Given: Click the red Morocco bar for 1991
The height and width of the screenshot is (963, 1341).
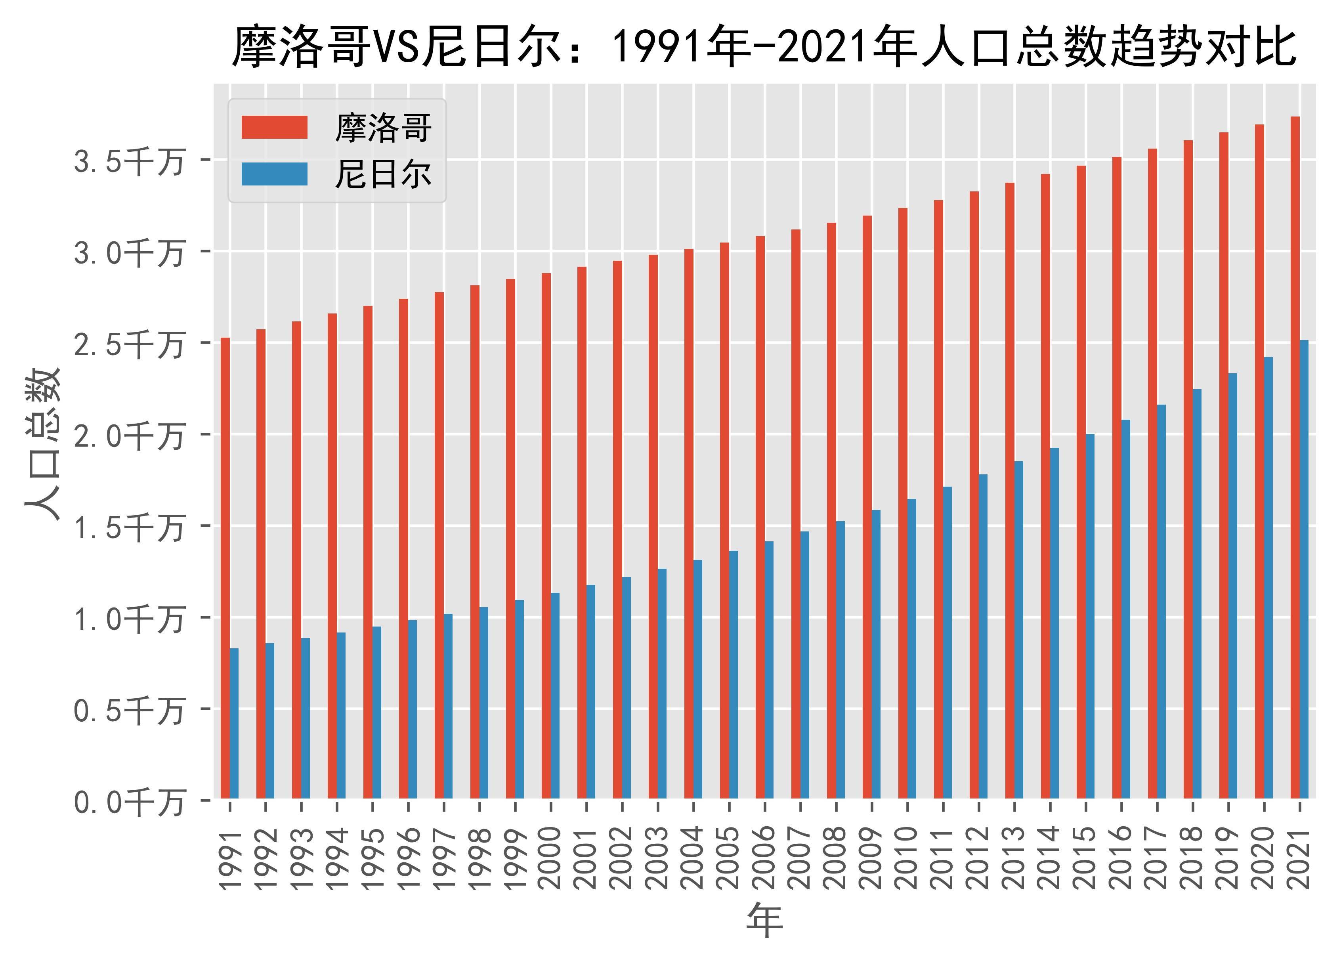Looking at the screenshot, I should (225, 567).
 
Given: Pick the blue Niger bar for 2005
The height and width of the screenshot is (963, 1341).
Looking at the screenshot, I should (733, 674).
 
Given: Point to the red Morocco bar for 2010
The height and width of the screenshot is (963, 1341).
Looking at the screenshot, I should (903, 503).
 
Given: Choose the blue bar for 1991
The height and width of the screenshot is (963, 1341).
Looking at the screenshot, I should (234, 723).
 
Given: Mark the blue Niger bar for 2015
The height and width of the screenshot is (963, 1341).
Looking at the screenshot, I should (1090, 615).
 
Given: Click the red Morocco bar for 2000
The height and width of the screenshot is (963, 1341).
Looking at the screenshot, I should (546, 535).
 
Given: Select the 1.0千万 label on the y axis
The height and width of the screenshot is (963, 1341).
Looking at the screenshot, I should (129, 619).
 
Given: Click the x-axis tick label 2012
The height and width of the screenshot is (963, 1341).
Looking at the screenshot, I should (978, 858).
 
